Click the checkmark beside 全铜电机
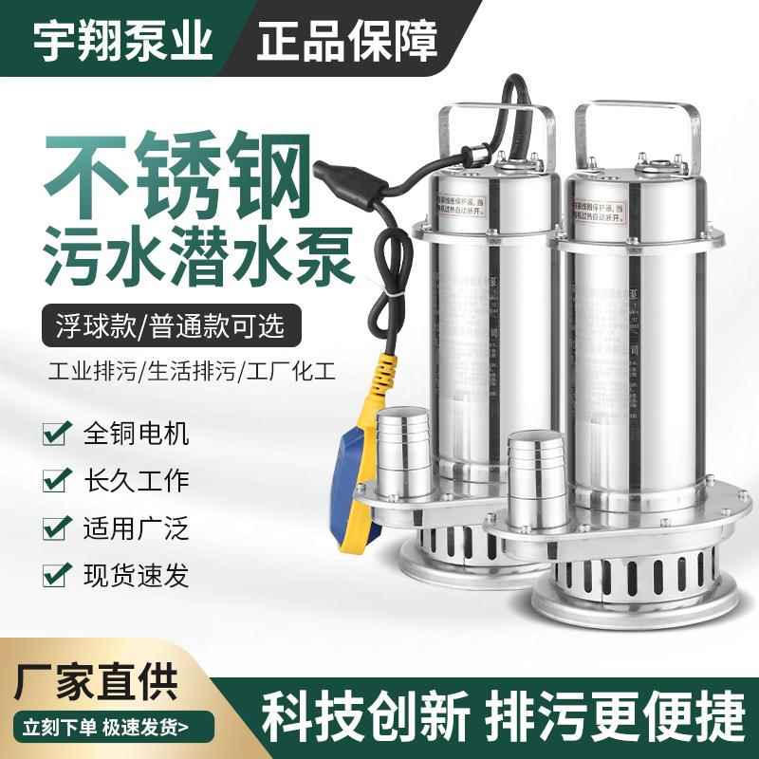(55, 435)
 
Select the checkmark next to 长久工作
(55, 480)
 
